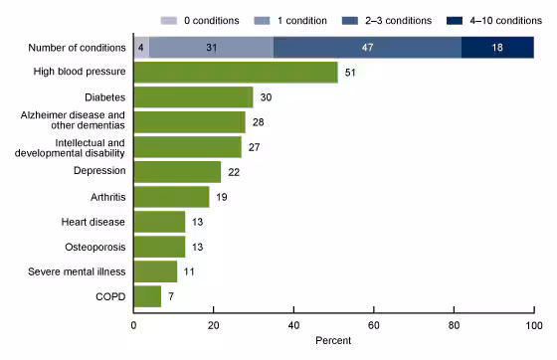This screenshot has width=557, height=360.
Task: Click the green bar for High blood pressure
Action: click(x=236, y=72)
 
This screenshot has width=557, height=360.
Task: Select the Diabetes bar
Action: click(x=193, y=96)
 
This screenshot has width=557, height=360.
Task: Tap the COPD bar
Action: click(x=147, y=295)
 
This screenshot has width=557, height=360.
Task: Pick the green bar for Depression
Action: click(x=177, y=171)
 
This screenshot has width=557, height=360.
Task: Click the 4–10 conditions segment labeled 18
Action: click(x=497, y=47)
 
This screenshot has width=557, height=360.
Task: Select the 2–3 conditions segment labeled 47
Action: click(x=367, y=47)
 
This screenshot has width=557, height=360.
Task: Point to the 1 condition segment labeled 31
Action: click(x=211, y=47)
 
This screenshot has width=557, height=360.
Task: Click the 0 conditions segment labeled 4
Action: click(x=141, y=47)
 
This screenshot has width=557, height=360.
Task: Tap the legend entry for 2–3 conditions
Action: click(x=386, y=20)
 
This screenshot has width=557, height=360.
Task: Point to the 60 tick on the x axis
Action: click(x=374, y=324)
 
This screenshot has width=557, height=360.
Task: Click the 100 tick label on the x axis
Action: click(x=533, y=324)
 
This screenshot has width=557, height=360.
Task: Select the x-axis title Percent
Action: click(x=333, y=340)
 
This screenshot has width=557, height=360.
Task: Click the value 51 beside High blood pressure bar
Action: click(x=349, y=73)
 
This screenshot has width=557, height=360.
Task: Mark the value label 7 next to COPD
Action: click(x=170, y=296)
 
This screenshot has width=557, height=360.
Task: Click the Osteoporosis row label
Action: click(x=95, y=246)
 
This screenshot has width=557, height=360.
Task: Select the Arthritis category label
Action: click(x=106, y=196)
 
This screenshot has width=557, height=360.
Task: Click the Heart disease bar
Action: click(x=159, y=221)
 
